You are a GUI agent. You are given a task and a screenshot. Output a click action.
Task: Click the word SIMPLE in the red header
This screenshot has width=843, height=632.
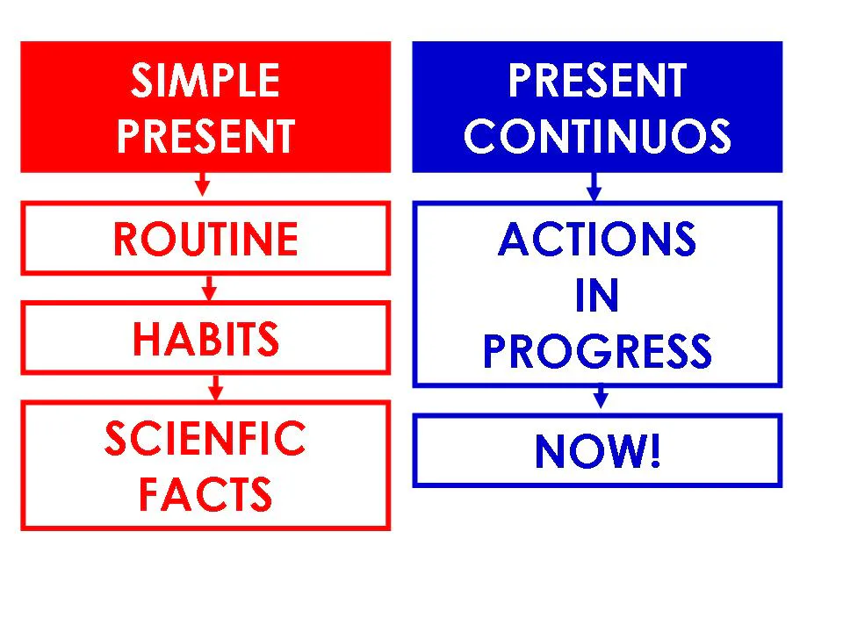click(x=205, y=83)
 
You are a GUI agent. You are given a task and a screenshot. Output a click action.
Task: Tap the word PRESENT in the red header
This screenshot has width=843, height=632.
click(x=205, y=137)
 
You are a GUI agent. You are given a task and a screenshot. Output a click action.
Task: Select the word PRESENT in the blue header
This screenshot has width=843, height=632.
click(x=597, y=83)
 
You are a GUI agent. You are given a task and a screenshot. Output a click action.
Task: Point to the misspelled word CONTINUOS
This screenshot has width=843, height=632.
click(x=597, y=137)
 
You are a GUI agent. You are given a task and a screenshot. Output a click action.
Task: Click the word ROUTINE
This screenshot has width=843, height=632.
click(x=205, y=240)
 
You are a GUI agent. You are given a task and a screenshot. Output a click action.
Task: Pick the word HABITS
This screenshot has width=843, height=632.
click(x=205, y=339)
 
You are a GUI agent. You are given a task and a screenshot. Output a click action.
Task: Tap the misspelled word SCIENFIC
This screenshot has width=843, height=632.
click(x=205, y=439)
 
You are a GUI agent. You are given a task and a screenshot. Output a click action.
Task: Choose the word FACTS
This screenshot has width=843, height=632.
click(x=205, y=494)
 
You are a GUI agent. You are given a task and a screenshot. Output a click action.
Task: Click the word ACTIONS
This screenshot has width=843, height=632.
click(x=597, y=240)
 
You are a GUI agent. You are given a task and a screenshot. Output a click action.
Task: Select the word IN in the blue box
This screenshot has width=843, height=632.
click(x=597, y=297)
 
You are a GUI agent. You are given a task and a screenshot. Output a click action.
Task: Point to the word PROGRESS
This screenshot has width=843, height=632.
click(x=597, y=352)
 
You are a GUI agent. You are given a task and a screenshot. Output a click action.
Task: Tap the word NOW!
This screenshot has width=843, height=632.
click(x=597, y=452)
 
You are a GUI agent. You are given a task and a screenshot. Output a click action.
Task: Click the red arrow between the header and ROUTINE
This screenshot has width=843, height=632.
click(x=203, y=185)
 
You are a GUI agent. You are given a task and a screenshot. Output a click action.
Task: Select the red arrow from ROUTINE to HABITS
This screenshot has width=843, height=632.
click(x=209, y=287)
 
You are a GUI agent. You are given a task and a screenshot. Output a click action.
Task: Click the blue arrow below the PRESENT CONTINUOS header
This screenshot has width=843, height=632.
click(x=594, y=186)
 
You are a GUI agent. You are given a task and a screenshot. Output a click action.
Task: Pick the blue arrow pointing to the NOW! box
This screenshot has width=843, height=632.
click(x=601, y=399)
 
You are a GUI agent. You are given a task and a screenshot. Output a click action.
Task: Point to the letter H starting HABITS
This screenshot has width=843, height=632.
click(x=145, y=339)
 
